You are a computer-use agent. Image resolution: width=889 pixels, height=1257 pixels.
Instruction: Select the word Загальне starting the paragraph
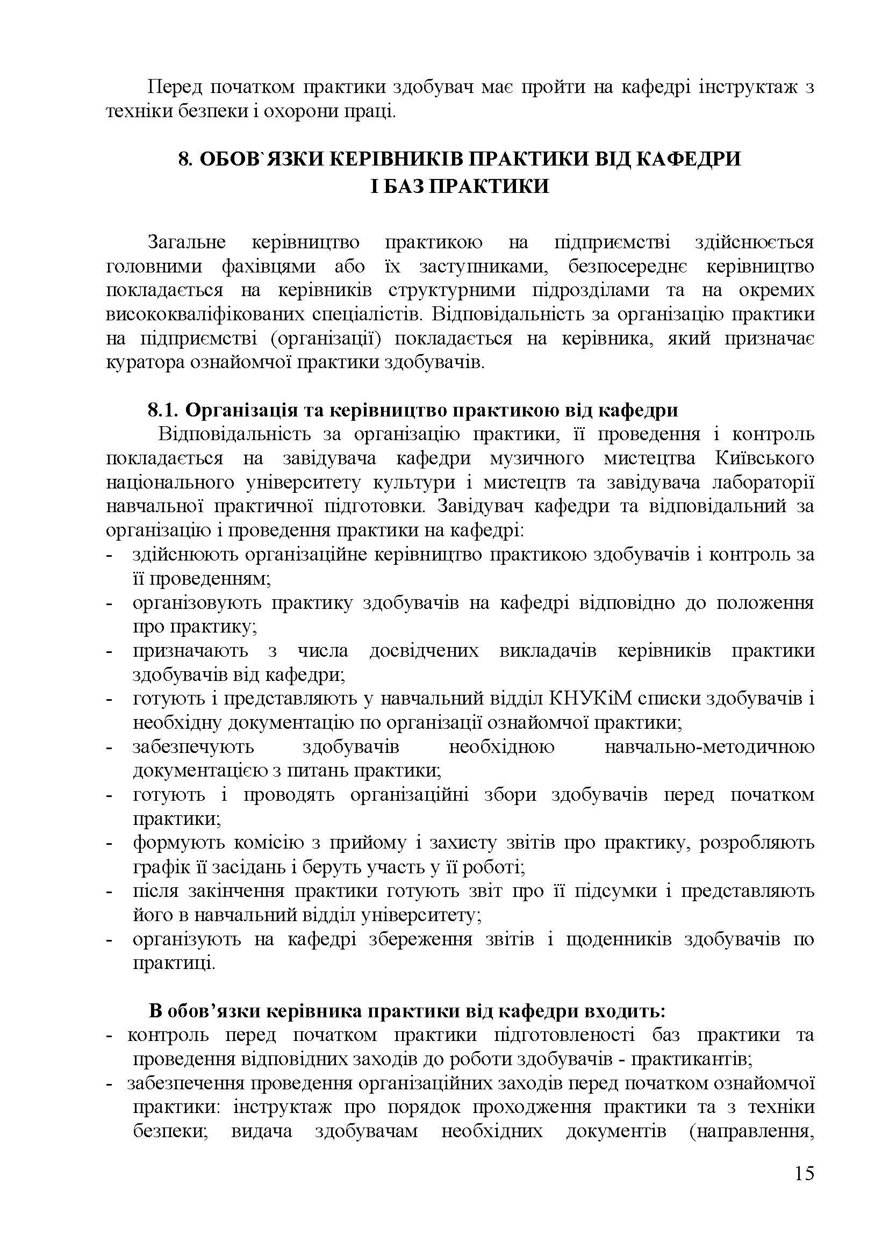[187, 242]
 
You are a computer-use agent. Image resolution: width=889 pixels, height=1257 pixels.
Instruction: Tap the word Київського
[764, 458]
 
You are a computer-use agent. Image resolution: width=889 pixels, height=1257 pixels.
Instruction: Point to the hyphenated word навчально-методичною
[709, 748]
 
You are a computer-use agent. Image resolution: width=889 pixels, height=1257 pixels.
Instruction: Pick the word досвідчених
[424, 651]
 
